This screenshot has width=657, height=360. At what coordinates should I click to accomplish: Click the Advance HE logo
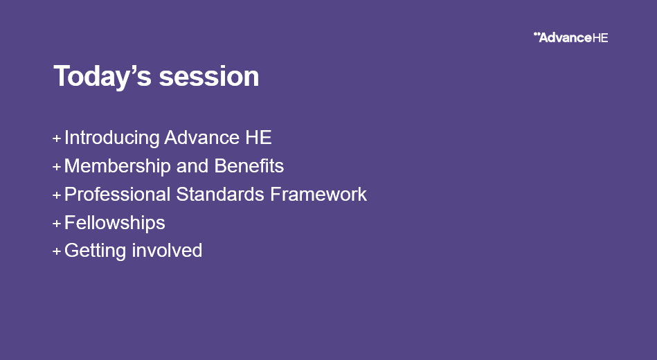[570, 37]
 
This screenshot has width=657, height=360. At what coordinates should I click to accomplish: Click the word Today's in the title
[102, 76]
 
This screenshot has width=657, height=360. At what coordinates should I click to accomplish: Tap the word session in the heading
[209, 76]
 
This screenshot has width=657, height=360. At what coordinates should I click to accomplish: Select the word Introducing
[112, 138]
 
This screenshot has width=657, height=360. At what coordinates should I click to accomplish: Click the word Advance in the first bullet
[201, 138]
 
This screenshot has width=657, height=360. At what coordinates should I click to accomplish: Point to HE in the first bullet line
[258, 138]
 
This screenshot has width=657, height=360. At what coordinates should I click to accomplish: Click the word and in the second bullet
[192, 166]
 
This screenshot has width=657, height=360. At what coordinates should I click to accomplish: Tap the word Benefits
[249, 166]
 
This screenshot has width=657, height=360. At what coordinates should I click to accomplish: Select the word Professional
[117, 195]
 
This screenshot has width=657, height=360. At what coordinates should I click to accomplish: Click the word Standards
[220, 195]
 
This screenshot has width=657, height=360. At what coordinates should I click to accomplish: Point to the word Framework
[318, 195]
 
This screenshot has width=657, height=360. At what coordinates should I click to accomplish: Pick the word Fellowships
[115, 222]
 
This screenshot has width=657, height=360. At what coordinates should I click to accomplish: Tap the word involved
[167, 251]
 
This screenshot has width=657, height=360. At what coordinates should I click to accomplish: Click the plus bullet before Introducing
[57, 138]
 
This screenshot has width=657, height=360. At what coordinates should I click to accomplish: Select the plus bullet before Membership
[57, 167]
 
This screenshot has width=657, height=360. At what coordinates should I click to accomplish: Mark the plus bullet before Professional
[57, 195]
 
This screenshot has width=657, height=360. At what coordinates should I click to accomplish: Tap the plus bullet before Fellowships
[57, 224]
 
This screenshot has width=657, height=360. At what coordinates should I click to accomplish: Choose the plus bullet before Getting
[57, 251]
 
